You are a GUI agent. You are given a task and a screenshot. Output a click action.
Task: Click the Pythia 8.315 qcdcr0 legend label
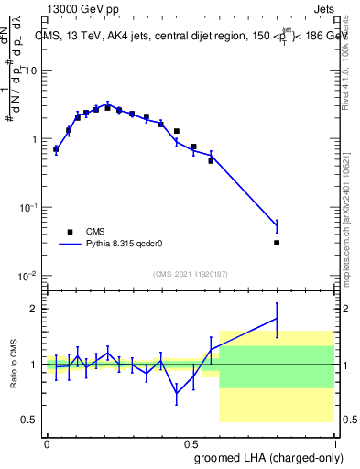point(130,245)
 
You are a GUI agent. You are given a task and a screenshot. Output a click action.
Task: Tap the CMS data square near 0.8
point(277,243)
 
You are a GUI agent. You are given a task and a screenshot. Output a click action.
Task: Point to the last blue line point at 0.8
point(277,225)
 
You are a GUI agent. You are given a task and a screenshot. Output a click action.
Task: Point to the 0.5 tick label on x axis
point(191,442)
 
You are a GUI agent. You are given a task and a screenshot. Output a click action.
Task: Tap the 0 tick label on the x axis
point(47,442)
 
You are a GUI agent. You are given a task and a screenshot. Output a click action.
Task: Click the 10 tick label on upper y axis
point(32,71)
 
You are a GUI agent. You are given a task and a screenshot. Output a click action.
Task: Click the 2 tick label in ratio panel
point(35,309)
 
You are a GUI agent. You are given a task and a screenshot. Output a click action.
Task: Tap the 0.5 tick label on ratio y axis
point(30,420)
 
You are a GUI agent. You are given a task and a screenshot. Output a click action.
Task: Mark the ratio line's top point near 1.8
point(277,318)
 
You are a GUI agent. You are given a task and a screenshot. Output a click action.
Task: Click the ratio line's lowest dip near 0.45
point(176,393)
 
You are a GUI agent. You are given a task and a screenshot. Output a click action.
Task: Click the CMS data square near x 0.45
point(176,131)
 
